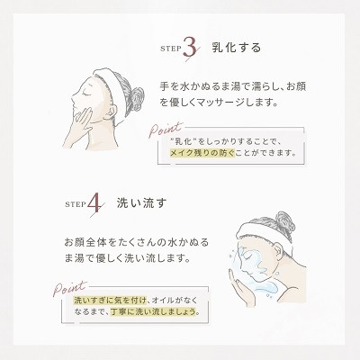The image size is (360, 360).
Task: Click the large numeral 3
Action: pyautogui.click(x=190, y=48)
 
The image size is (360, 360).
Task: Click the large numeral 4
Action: pyautogui.click(x=95, y=204)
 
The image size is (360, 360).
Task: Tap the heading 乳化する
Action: pyautogui.click(x=237, y=48)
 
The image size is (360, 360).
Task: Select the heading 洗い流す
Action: pyautogui.click(x=141, y=204)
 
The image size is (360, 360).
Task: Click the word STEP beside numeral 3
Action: pyautogui.click(x=171, y=49)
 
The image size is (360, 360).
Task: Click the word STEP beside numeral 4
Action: pyautogui.click(x=76, y=204)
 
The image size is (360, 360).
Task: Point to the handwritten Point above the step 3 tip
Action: pyautogui.click(x=166, y=129)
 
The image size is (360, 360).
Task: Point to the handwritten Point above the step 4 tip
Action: pyautogui.click(x=69, y=289)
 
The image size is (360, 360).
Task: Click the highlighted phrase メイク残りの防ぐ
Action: pyautogui.click(x=202, y=153)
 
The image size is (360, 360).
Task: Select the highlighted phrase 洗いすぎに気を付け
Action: pyautogui.click(x=110, y=300)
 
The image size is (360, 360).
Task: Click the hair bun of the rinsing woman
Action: pyautogui.click(x=284, y=222)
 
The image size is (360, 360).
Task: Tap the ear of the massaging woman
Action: pyautogui.click(x=111, y=112)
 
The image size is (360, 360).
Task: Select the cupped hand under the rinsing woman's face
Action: pyautogui.click(x=240, y=287)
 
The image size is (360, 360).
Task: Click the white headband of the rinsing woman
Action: pyautogui.click(x=265, y=233)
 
